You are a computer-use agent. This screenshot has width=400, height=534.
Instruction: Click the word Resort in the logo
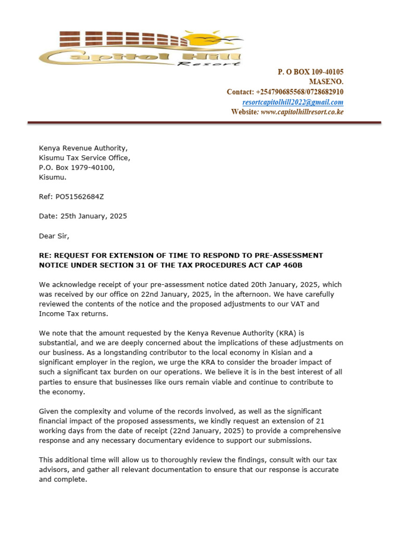coord(208,64)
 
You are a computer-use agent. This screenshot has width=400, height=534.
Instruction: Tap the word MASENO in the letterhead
coord(326,81)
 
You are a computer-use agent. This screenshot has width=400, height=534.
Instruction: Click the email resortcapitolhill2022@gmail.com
coord(293,102)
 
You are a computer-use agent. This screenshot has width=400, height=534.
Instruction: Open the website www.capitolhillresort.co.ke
coord(302,112)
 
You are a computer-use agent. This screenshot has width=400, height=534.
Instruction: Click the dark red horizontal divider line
coord(204,123)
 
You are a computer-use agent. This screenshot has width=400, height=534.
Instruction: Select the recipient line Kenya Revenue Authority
coord(83,148)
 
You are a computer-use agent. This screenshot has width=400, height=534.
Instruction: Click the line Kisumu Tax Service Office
coord(84,157)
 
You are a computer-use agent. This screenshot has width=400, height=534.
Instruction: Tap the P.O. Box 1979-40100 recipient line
coord(77,167)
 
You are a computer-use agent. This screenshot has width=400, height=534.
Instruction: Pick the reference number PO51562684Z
coord(76,197)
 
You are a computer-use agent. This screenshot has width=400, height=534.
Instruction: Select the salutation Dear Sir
coord(54,236)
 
